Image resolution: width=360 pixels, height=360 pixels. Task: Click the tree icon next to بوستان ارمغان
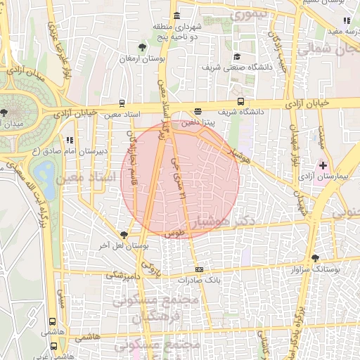click(x=143, y=47)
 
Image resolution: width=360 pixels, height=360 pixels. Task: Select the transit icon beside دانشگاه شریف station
click(x=241, y=101)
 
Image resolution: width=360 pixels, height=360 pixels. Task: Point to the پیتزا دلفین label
click(x=198, y=122)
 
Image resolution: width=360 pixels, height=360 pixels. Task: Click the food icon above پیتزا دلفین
click(x=198, y=111)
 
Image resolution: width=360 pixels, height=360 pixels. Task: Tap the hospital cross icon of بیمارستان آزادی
click(x=323, y=165)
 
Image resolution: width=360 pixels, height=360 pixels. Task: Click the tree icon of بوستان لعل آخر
click(x=124, y=234)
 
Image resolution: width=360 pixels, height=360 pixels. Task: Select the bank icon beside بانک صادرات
click(x=200, y=269)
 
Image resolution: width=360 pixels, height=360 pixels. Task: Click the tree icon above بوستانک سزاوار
click(x=315, y=258)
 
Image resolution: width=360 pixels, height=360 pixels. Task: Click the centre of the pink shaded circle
click(x=180, y=180)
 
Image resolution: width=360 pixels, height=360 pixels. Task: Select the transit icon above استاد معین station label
click(x=123, y=102)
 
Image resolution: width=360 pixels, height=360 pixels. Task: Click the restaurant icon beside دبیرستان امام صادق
click(x=69, y=140)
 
